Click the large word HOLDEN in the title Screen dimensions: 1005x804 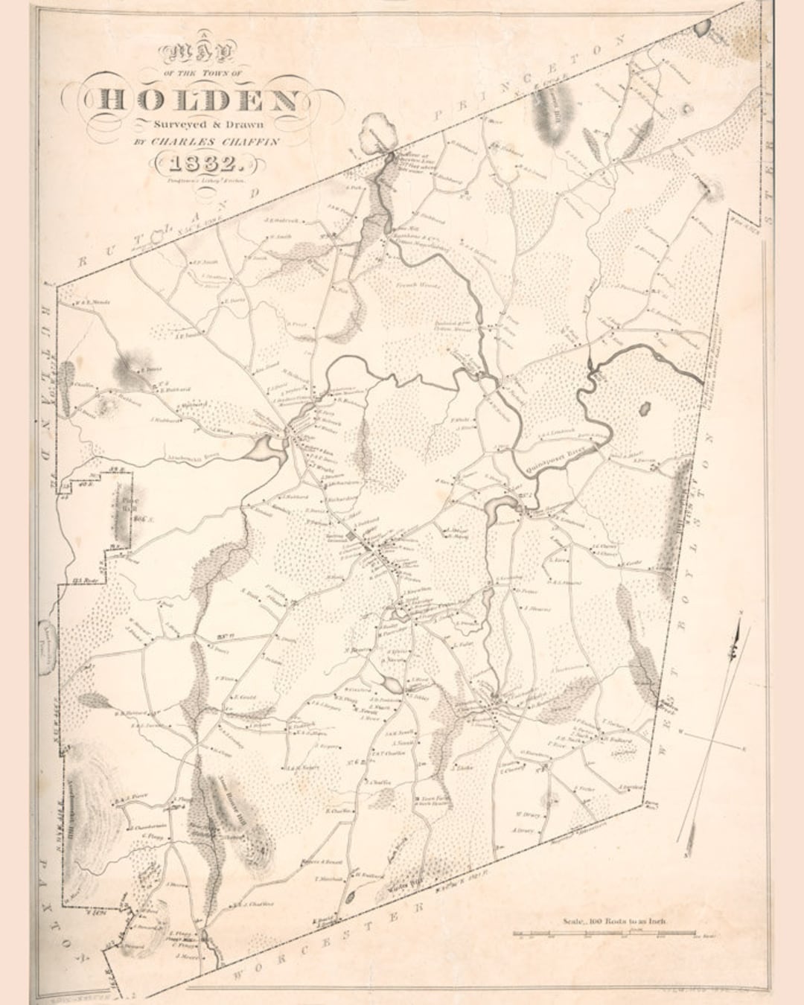(200, 100)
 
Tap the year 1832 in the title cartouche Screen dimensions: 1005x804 (200, 163)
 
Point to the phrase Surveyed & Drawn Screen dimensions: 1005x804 (200, 124)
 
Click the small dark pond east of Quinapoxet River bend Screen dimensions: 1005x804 (645, 409)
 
